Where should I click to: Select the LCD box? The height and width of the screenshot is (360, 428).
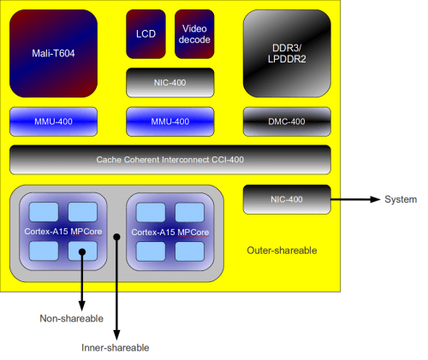pyautogui.click(x=146, y=34)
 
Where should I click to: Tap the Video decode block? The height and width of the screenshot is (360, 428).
pyautogui.click(x=194, y=34)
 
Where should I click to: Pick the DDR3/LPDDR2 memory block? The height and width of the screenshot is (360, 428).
pyautogui.click(x=287, y=52)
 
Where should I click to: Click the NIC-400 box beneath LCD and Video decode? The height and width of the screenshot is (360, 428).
pyautogui.click(x=169, y=83)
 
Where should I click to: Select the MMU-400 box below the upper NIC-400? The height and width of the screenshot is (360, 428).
pyautogui.click(x=169, y=121)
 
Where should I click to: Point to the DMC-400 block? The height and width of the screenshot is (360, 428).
pyautogui.click(x=287, y=121)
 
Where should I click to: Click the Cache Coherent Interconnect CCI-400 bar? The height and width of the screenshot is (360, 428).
pyautogui.click(x=169, y=160)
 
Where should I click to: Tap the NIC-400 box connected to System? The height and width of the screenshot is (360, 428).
pyautogui.click(x=287, y=199)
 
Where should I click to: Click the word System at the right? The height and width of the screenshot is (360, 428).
pyautogui.click(x=401, y=200)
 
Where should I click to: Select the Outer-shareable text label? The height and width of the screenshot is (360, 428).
pyautogui.click(x=282, y=251)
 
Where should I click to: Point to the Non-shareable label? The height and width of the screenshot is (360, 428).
pyautogui.click(x=72, y=319)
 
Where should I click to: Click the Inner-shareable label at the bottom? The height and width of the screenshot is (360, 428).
pyautogui.click(x=116, y=347)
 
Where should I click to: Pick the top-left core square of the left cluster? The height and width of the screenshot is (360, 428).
pyautogui.click(x=43, y=212)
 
